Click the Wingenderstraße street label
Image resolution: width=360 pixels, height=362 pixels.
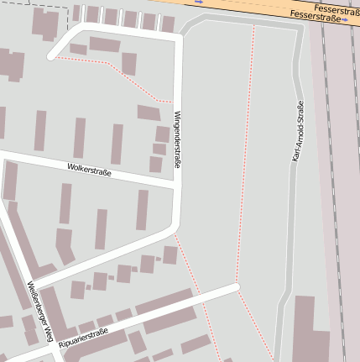tap(177, 140)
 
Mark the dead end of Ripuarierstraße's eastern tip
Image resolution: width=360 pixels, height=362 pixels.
tap(237, 288)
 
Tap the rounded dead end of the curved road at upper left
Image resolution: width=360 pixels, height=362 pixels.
tap(52, 57)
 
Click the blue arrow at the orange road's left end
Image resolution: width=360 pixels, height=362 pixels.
tap(198, 3)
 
